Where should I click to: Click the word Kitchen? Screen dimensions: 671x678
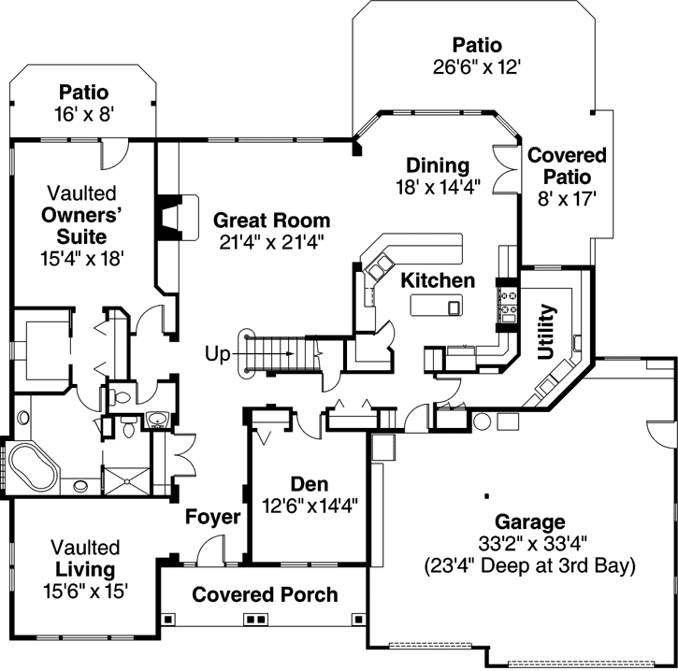[x=438, y=280]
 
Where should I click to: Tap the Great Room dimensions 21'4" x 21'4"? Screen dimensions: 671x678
[x=271, y=244]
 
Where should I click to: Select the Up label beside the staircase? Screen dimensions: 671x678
[x=218, y=353]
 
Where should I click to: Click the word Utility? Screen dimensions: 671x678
[x=548, y=332]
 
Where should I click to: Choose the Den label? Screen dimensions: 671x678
[x=309, y=484]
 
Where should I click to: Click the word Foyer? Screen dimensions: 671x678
[x=212, y=517]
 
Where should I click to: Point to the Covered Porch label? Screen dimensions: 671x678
[x=265, y=595]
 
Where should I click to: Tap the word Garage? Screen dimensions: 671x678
[x=531, y=522]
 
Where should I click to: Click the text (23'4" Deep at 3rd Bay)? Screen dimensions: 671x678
[x=530, y=565]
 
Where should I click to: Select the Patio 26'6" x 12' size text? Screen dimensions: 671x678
[x=477, y=66]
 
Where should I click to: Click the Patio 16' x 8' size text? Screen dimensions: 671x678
[x=84, y=114]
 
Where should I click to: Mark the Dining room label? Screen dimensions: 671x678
[x=438, y=165]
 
